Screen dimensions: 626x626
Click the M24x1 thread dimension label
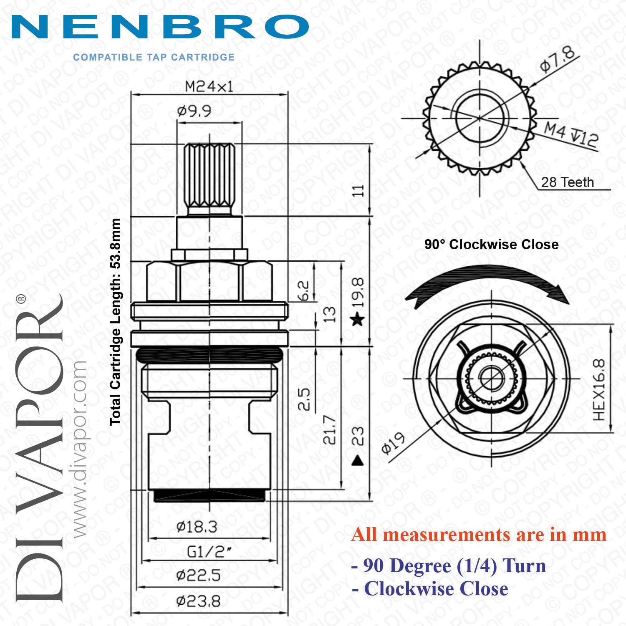[209, 86]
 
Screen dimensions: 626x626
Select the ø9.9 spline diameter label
[194, 111]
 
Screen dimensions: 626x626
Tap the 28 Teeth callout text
[567, 182]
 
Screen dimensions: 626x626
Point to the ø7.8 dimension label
[558, 59]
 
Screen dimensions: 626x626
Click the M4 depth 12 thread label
[571, 134]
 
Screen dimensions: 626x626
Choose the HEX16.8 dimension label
[598, 390]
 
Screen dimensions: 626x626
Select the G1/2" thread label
[209, 552]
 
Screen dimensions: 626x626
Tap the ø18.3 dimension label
[197, 527]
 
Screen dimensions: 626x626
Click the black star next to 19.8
[358, 320]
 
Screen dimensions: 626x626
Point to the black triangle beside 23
[358, 460]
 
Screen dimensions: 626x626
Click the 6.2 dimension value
[304, 291]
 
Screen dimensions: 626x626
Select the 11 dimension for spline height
[358, 191]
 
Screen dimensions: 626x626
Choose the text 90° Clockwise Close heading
[491, 244]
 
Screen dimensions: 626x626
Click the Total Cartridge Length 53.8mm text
[115, 321]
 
